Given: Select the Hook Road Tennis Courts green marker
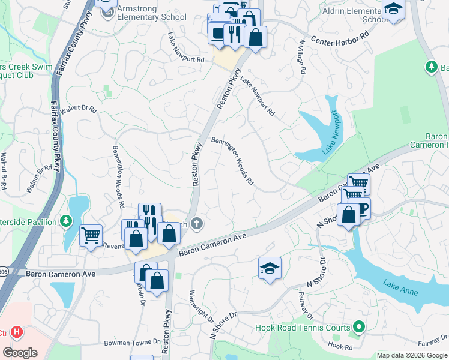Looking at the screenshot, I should [x=359, y=327].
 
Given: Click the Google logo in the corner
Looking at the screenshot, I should [x=20, y=352].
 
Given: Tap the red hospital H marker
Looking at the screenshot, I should [x=17, y=331].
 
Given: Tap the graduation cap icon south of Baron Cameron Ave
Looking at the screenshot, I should [x=270, y=268].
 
